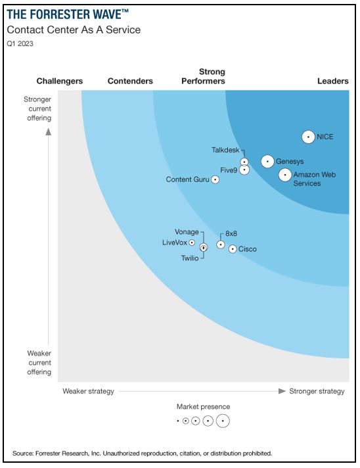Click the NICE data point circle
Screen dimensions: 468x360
point(308,137)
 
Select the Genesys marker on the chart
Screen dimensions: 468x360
point(267,161)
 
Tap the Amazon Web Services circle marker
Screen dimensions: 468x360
point(284,175)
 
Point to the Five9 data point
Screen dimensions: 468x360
point(244,170)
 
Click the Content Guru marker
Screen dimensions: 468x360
point(215,179)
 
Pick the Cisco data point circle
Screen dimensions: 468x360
point(232,249)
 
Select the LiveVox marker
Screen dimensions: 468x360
point(192,243)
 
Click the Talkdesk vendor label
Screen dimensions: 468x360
point(225,150)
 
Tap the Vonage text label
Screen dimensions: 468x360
point(187,232)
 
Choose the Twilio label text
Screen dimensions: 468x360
point(189,258)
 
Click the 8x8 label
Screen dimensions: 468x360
point(231,233)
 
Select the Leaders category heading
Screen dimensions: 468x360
point(332,81)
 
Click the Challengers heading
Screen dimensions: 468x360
point(60,81)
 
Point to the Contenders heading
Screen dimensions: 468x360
point(130,81)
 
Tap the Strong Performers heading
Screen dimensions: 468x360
point(212,76)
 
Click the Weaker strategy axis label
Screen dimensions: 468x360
point(88,391)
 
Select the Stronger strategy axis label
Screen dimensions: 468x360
point(317,391)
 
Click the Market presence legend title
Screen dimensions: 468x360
point(203,407)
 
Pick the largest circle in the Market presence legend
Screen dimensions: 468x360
point(223,421)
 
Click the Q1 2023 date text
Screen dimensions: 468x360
point(20,44)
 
